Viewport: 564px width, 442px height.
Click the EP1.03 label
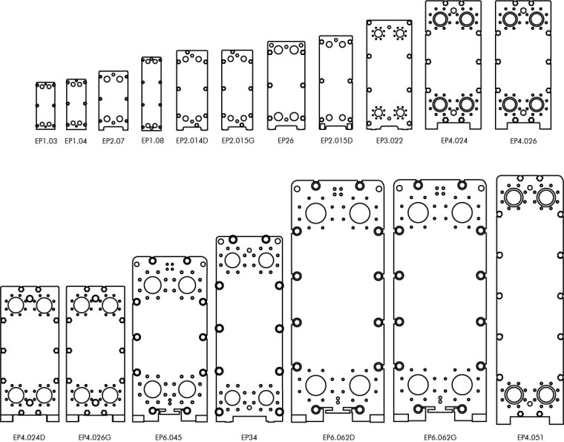pyautogui.click(x=46, y=140)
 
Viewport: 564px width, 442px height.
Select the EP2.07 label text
pyautogui.click(x=114, y=140)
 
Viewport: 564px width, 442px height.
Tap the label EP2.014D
pyautogui.click(x=191, y=140)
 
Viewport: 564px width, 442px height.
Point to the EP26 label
pyautogui.click(x=286, y=140)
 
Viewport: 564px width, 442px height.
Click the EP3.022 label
pyautogui.click(x=389, y=140)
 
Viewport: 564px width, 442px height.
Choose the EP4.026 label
pyautogui.click(x=523, y=141)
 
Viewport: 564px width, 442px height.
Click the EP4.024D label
pyautogui.click(x=29, y=438)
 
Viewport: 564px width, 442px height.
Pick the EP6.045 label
pyautogui.click(x=168, y=438)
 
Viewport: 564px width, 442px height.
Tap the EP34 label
pyautogui.click(x=249, y=438)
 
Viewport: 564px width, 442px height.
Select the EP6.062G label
pyautogui.click(x=440, y=438)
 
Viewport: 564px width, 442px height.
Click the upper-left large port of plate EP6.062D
pyautogui.click(x=316, y=212)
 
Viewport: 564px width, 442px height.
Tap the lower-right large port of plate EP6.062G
pyautogui.click(x=462, y=385)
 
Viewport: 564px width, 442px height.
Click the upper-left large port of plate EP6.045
pyautogui.click(x=153, y=285)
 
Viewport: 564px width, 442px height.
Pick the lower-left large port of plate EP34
pyautogui.click(x=232, y=397)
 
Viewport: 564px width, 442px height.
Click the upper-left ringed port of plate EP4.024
pyautogui.click(x=440, y=19)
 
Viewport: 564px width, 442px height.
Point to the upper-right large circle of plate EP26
pyautogui.click(x=294, y=50)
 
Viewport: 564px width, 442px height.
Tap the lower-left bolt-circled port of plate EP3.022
pyautogui.click(x=378, y=113)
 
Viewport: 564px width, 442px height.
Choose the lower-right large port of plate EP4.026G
pyautogui.click(x=110, y=395)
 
